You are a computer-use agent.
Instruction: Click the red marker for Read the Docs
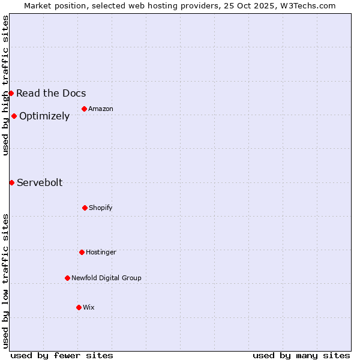tap(11, 93)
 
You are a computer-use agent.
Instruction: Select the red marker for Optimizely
tap(14, 116)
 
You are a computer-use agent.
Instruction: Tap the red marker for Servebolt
tap(11, 182)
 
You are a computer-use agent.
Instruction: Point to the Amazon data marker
tap(84, 109)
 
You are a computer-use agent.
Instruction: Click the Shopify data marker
tap(85, 208)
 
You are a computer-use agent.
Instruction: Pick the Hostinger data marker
tap(82, 252)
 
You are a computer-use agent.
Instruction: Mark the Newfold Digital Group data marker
tap(67, 278)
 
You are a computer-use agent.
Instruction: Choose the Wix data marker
tap(79, 307)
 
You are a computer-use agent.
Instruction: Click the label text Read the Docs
tap(51, 93)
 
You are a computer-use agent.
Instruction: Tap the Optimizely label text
tap(44, 116)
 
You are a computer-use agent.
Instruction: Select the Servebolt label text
tap(40, 182)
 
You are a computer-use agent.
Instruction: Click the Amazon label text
tap(101, 109)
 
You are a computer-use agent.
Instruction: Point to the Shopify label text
tap(101, 208)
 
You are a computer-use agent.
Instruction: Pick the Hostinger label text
tap(101, 252)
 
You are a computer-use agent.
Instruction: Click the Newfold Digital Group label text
tap(106, 278)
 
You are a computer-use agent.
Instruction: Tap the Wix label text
tap(89, 307)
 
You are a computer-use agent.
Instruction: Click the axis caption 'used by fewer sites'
tap(62, 355)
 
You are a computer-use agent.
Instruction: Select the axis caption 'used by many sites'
tap(301, 355)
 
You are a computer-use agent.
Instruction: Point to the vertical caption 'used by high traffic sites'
tap(5, 85)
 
